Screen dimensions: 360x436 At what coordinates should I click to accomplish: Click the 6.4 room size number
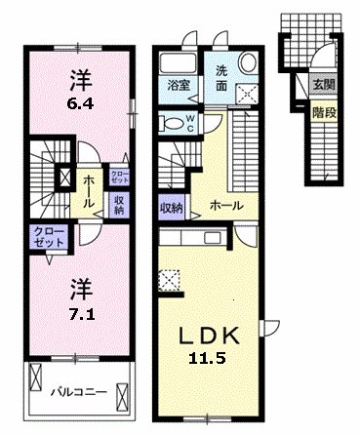pyautogui.click(x=80, y=104)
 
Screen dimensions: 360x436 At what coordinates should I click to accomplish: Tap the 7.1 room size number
pyautogui.click(x=81, y=314)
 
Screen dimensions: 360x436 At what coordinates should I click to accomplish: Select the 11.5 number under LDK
pyautogui.click(x=207, y=358)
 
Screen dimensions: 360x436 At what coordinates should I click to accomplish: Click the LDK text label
pyautogui.click(x=210, y=336)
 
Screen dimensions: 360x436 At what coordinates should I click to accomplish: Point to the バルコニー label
pyautogui.click(x=79, y=392)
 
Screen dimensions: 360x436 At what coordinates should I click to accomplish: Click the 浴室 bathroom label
pyautogui.click(x=179, y=85)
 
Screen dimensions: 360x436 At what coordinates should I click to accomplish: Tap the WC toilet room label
pyautogui.click(x=190, y=124)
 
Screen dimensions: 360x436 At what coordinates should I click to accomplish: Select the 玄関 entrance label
pyautogui.click(x=324, y=85)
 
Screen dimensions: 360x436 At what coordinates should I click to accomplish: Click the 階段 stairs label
pyautogui.click(x=324, y=112)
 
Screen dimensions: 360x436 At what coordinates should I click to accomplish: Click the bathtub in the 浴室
pyautogui.click(x=179, y=63)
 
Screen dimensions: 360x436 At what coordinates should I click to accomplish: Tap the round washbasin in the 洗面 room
pyautogui.click(x=248, y=62)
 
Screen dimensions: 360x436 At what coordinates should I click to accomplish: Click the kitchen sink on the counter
pyautogui.click(x=213, y=238)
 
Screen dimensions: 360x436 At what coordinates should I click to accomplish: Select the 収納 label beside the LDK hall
pyautogui.click(x=171, y=207)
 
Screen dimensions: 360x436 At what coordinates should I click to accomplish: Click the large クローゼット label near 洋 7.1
pyautogui.click(x=49, y=237)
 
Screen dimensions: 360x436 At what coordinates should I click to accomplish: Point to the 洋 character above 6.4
pyautogui.click(x=80, y=81)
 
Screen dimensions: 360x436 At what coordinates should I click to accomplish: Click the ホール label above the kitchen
pyautogui.click(x=226, y=206)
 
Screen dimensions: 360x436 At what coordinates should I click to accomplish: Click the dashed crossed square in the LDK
pyautogui.click(x=169, y=279)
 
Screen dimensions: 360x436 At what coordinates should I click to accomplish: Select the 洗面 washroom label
pyautogui.click(x=221, y=78)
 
